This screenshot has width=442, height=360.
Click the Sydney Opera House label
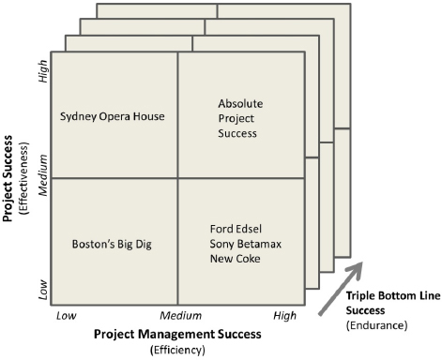pos(112,117)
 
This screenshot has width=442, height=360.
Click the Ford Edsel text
pos(235,230)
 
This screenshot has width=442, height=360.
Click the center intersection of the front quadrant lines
pos(178,177)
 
